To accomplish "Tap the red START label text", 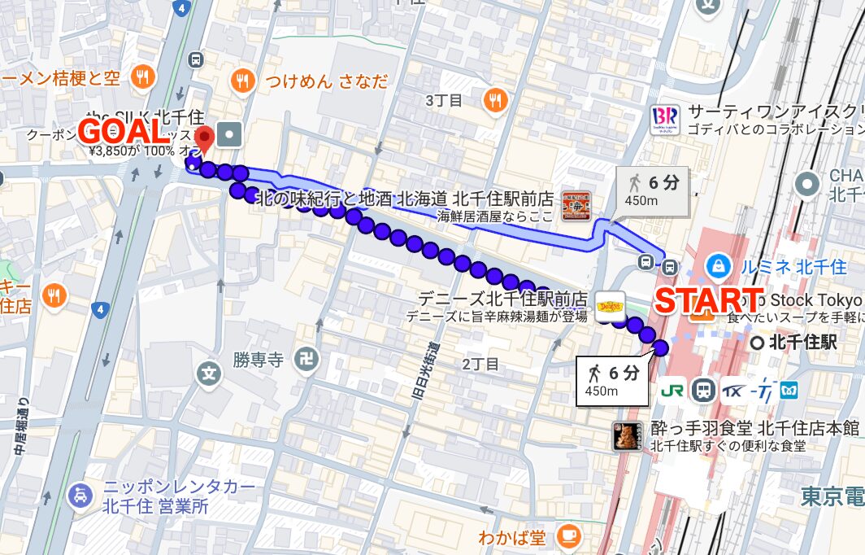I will click(x=709, y=299).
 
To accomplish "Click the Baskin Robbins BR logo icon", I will click(x=665, y=120).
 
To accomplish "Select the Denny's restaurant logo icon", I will click(x=611, y=306).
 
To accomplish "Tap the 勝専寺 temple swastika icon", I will click(x=306, y=359).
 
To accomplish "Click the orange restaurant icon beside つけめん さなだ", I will click(x=241, y=80).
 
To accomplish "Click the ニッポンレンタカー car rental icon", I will click(x=79, y=495).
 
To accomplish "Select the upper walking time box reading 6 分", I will click(x=654, y=190).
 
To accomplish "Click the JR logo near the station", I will click(x=672, y=391).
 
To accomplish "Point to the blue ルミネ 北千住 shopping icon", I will click(x=718, y=265).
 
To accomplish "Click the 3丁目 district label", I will click(x=444, y=100).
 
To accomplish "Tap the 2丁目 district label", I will click(x=480, y=364).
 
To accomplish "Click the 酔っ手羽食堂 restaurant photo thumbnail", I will click(x=627, y=437).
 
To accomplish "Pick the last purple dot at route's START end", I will click(x=660, y=348).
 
